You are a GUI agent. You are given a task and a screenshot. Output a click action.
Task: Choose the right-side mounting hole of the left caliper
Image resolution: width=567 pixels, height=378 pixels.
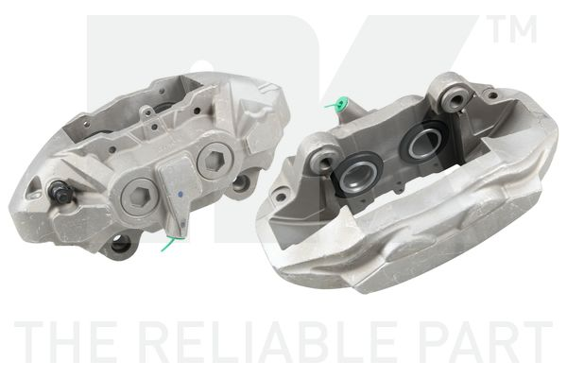pos(243,181)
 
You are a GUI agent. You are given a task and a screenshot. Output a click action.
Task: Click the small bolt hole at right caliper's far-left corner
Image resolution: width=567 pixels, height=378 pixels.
pos(280,198)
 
